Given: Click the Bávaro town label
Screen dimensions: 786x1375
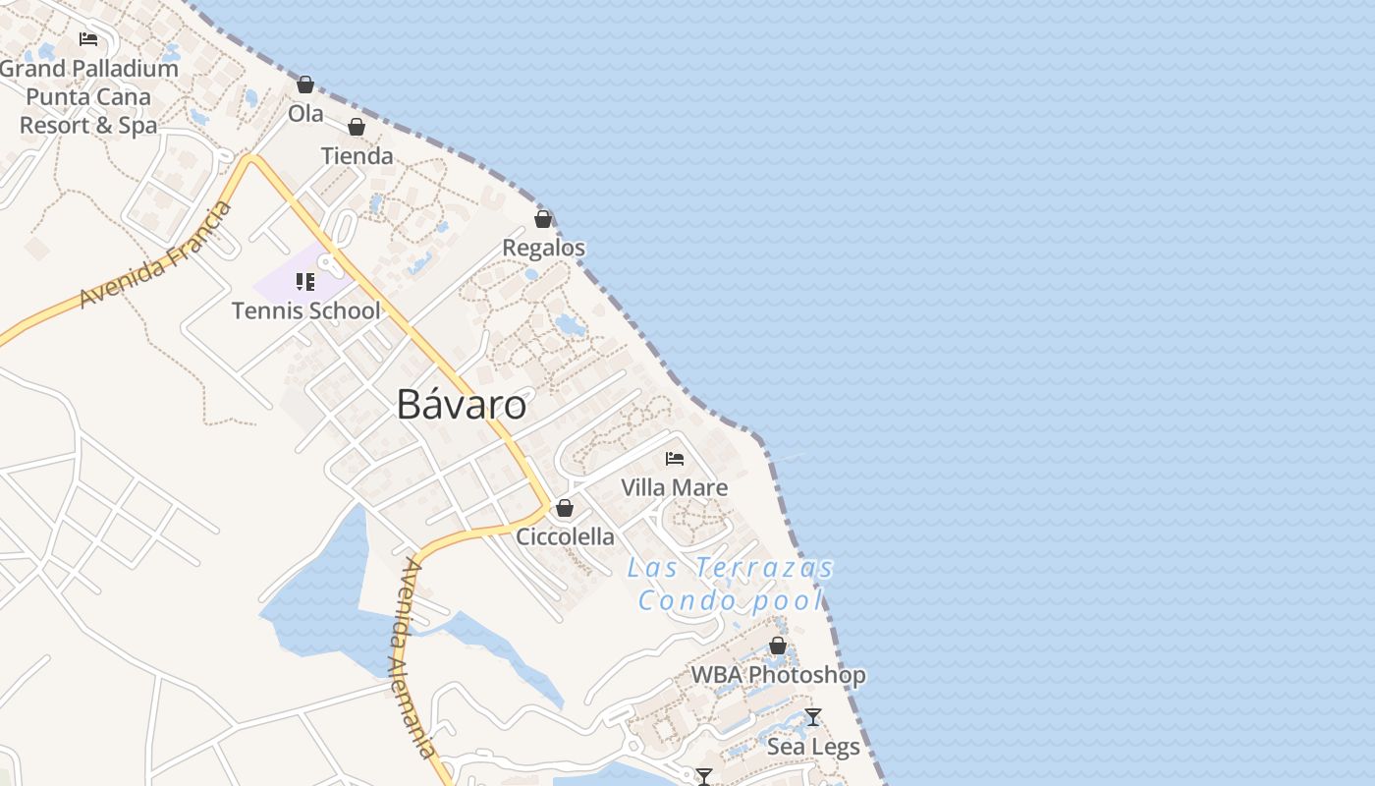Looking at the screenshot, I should pos(461,405).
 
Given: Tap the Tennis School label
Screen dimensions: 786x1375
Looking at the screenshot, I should pos(305,310).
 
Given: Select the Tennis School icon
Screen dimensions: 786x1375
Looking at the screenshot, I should pos(305,283).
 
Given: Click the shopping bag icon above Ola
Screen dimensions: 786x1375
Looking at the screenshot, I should pos(305,85).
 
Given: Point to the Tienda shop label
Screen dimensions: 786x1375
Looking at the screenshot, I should pos(357,155).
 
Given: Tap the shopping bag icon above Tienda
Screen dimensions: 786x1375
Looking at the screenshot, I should pos(357,127).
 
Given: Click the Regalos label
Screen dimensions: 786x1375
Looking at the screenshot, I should pos(543,248).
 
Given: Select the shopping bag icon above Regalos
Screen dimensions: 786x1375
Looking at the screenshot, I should pos(543,219).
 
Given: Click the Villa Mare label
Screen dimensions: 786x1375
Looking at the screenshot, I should pos(675,487).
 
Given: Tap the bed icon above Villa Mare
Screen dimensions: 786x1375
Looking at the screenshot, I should pos(675,459).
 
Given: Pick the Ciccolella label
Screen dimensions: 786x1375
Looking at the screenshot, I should pos(566,536).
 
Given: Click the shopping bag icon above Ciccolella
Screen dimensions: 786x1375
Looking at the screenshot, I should pos(565,508).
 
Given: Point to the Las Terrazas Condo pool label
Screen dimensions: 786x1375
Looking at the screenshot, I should pos(730,584).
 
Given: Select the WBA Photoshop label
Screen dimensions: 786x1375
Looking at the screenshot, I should pos(778,675).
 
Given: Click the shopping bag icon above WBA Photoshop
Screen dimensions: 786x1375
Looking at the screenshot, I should pos(778,646).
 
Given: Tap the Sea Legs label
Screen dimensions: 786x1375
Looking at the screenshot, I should pos(813,747).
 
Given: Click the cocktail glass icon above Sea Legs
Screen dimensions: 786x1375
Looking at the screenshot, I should pos(813,717).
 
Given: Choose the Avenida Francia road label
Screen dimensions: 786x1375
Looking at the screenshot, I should pos(156,254).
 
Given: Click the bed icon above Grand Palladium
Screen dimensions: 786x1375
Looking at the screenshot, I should pos(88,39).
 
